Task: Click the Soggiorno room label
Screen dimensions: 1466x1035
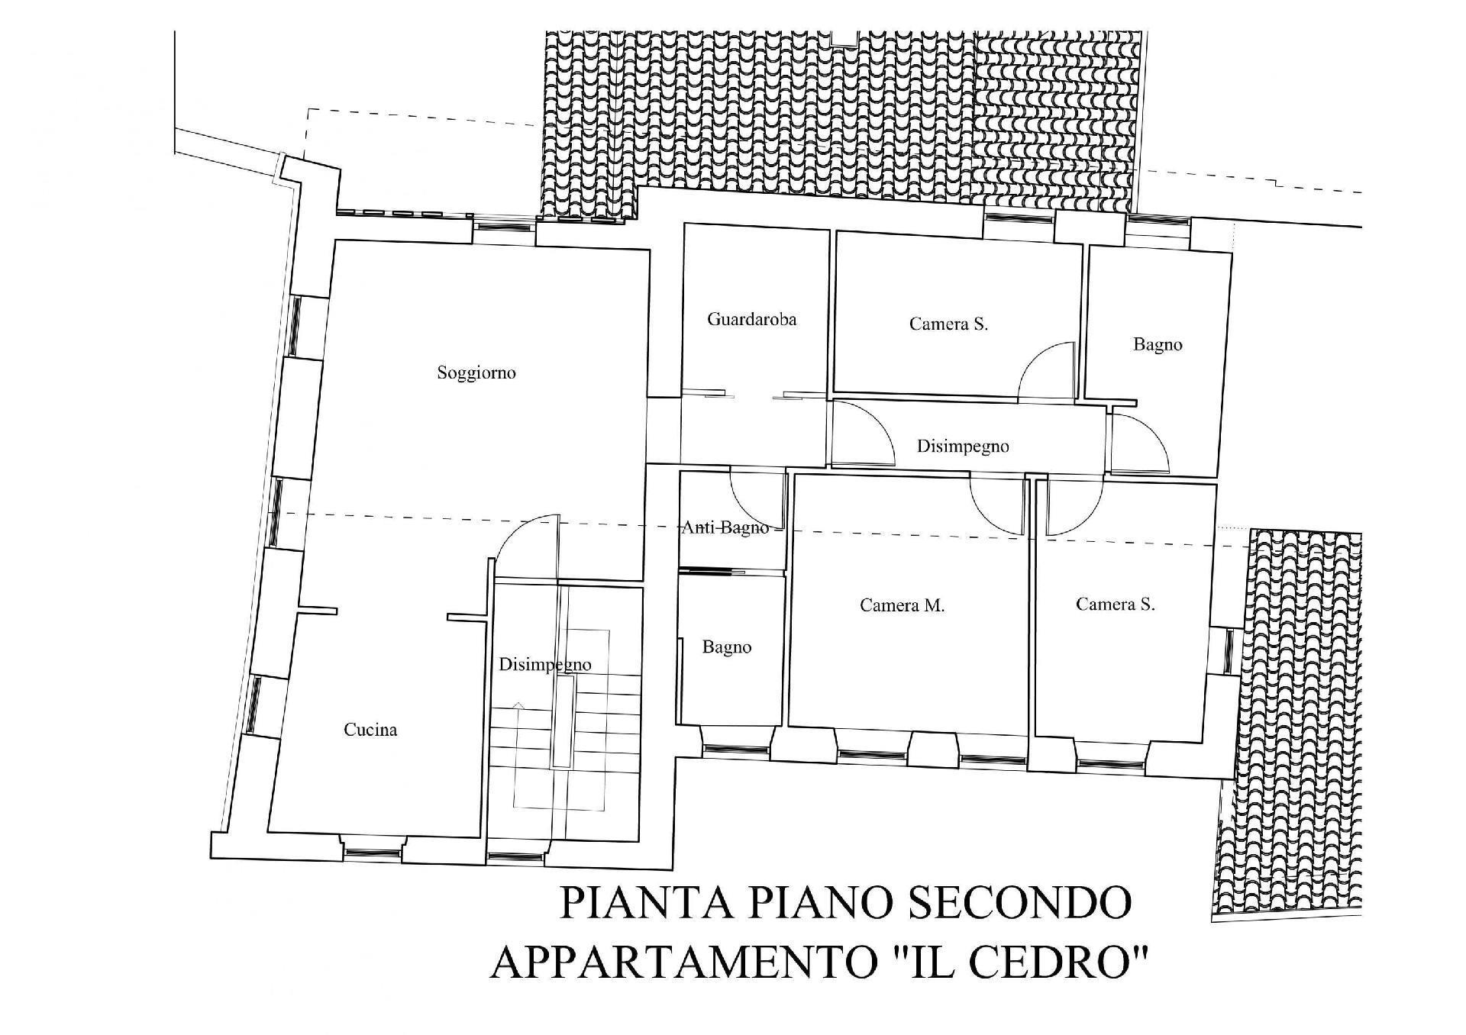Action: pos(476,373)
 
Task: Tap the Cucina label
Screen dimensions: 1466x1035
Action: pos(370,730)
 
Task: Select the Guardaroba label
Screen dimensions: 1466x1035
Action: pos(751,319)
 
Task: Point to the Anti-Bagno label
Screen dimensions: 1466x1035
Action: pos(725,527)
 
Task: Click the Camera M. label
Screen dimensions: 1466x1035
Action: pos(902,605)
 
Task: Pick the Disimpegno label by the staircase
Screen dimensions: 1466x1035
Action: pos(544,665)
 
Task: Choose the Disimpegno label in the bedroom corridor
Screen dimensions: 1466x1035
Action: pos(963,447)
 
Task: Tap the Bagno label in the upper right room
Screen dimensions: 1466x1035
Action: pos(1158,345)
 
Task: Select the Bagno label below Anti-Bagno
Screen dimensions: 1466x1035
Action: pos(727,648)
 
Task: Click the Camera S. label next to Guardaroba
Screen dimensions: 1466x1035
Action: pos(948,324)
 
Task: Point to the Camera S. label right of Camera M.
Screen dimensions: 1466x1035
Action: pos(1115,605)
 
